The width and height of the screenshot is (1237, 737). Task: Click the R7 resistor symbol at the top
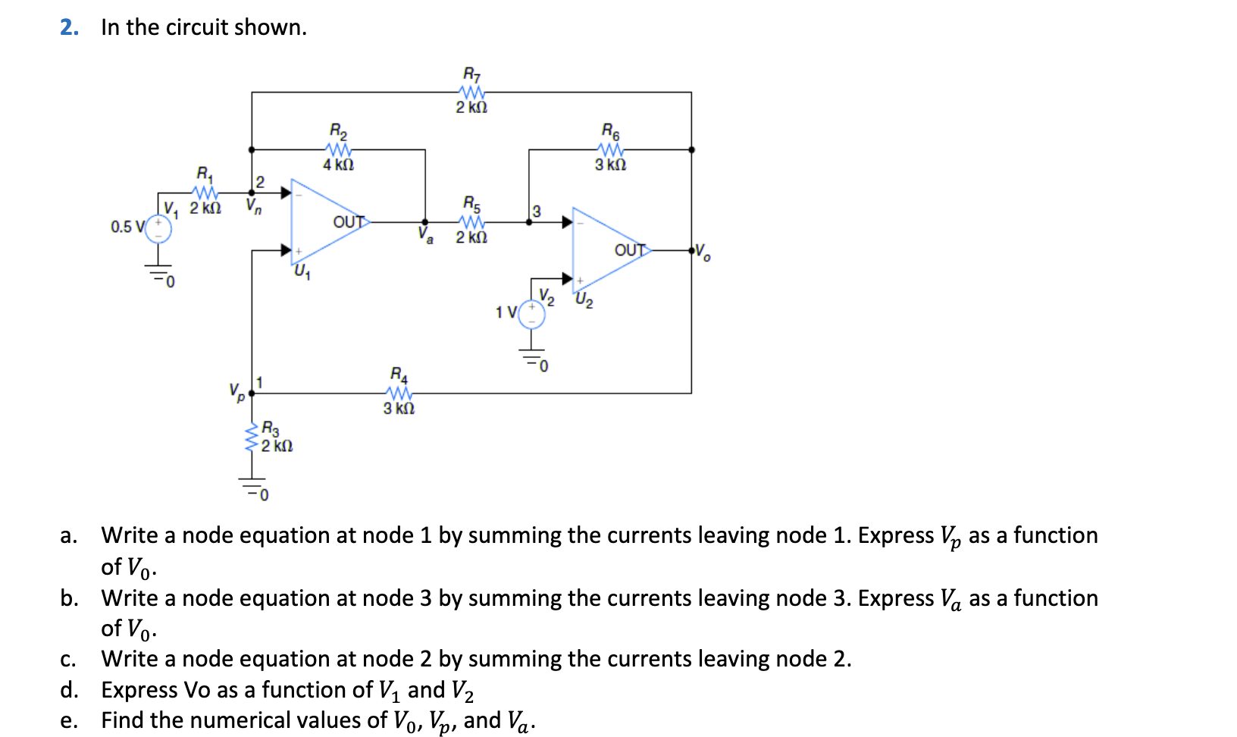[471, 92]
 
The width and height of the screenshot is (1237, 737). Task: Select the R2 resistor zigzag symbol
[338, 149]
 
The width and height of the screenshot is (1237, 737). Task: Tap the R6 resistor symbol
[610, 149]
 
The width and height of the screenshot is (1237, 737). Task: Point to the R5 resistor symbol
[471, 222]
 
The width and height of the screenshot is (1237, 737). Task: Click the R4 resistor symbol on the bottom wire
[399, 393]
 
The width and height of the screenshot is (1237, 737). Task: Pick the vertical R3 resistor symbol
[251, 438]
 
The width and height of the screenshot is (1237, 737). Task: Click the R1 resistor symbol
[205, 193]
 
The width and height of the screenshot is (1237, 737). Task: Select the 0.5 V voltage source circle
[158, 227]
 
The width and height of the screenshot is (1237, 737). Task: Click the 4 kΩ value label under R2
[338, 165]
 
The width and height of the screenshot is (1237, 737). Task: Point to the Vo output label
[703, 252]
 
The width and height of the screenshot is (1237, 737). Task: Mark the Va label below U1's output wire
[426, 235]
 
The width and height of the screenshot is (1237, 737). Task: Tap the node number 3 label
[536, 211]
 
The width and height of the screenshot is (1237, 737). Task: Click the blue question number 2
[69, 27]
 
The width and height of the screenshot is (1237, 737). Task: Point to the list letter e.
[68, 720]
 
